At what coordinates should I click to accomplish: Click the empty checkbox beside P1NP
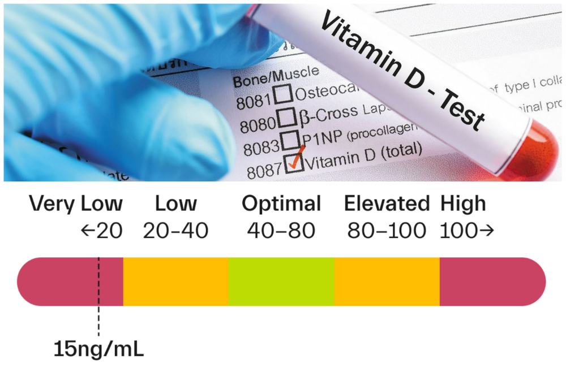pos(291,140)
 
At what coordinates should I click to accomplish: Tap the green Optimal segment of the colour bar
pos(281,282)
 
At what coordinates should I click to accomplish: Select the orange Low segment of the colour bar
pos(175,282)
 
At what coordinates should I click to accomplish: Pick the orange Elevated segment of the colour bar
pos(387,282)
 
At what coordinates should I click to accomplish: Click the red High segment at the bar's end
pos(491,282)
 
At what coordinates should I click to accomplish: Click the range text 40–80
pos(281,231)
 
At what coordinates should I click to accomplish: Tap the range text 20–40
pos(175,231)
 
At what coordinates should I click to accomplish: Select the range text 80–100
pos(387,231)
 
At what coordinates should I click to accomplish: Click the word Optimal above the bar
pos(281,204)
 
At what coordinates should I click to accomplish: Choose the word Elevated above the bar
pos(387,204)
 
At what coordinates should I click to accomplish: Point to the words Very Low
pos(76,204)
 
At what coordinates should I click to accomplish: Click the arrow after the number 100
pos(487,231)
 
